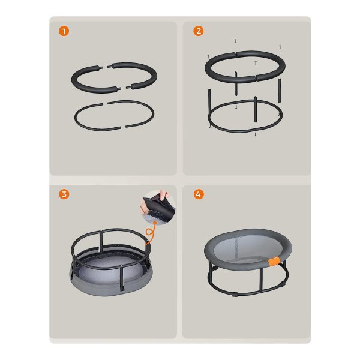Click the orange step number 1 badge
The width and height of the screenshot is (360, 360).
pyautogui.click(x=64, y=31)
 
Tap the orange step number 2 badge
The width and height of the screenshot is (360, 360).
pyautogui.click(x=199, y=31)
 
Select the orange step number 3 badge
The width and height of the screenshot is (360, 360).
pyautogui.click(x=64, y=194)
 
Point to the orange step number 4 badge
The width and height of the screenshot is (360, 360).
pyautogui.click(x=199, y=194)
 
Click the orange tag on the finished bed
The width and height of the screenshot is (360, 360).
pyautogui.click(x=274, y=262)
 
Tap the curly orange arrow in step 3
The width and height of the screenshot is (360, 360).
pyautogui.click(x=151, y=232)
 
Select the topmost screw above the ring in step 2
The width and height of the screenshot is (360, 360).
pyautogui.click(x=235, y=41)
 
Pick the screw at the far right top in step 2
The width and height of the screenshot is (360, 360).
pyautogui.click(x=280, y=47)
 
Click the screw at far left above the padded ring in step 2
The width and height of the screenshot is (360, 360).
pyautogui.click(x=209, y=56)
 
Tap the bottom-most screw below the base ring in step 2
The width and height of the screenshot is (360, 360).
pyautogui.click(x=256, y=134)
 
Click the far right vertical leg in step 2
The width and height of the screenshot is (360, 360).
pyautogui.click(x=280, y=91)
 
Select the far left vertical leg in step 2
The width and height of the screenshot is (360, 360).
pyautogui.click(x=209, y=103)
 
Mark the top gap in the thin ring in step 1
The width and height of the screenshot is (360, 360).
pyautogui.click(x=105, y=104)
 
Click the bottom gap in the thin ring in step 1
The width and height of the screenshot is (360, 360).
pyautogui.click(x=123, y=127)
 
